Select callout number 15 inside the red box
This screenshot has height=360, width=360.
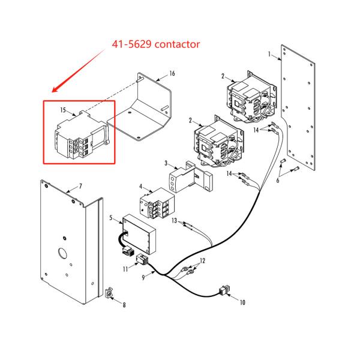tap(62, 110)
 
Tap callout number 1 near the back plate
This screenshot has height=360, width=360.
tap(271, 55)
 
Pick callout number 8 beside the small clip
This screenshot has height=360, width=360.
tap(124, 305)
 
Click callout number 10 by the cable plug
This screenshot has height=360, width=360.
tap(243, 303)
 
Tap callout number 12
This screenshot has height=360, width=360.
tap(202, 261)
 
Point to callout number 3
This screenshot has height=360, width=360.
tap(166, 163)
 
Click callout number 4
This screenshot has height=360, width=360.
tap(141, 187)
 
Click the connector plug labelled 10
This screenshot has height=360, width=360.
tap(224, 292)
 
